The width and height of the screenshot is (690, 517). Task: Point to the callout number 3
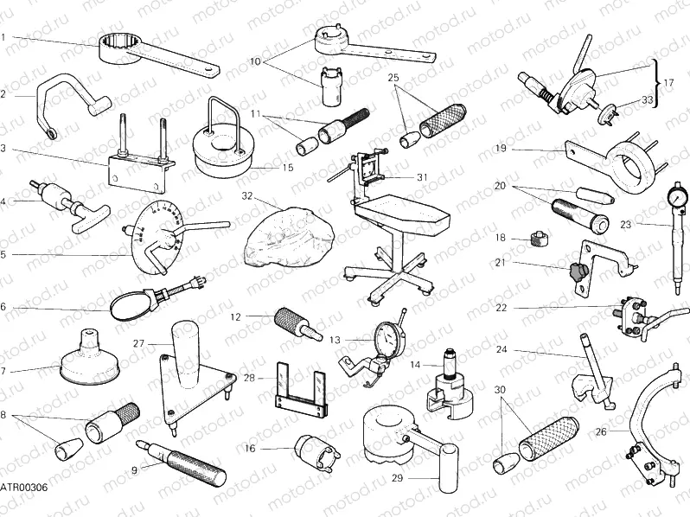tap(3, 149)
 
